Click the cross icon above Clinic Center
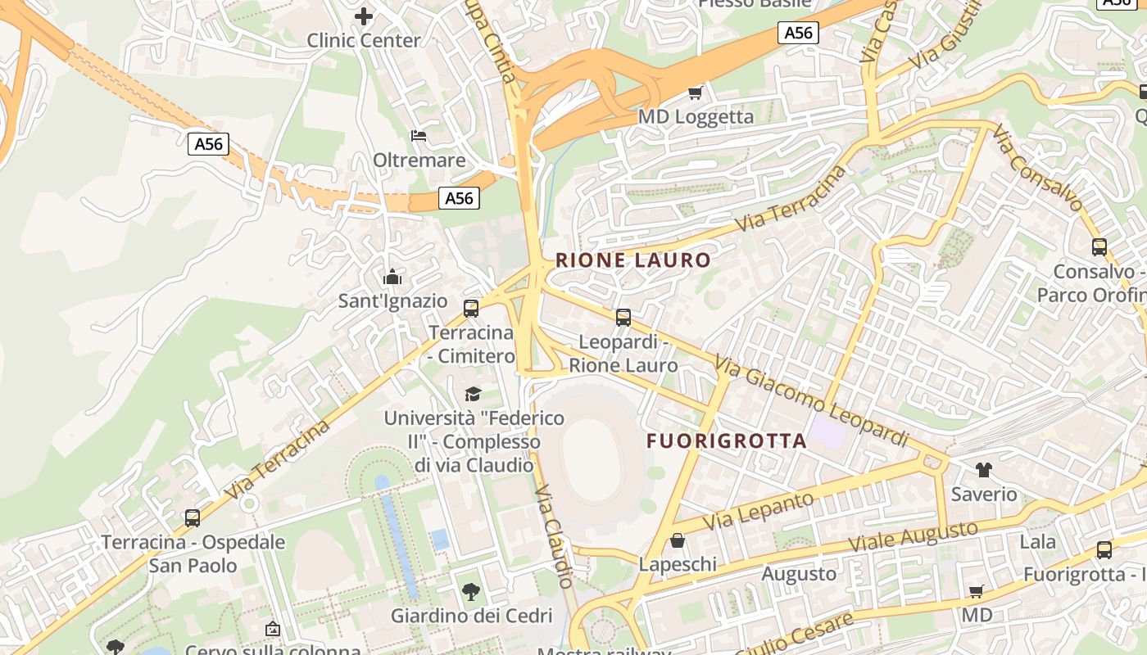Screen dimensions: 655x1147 [x=364, y=16]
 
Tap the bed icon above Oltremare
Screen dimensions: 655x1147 [x=419, y=135]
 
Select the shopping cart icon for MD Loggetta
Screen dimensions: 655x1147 [x=696, y=93]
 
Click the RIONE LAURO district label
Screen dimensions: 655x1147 [x=633, y=260]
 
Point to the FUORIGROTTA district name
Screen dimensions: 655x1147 [x=727, y=440]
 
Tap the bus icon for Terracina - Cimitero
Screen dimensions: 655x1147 [x=471, y=308]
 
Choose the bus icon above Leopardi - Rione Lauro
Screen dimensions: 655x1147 [x=623, y=317]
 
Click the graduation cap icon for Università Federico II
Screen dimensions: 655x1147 [x=473, y=394]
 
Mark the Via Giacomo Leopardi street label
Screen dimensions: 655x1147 [x=810, y=401]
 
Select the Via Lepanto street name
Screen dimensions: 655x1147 [x=759, y=509]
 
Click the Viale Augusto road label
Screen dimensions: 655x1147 [x=912, y=537]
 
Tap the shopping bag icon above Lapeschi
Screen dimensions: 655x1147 [x=678, y=540]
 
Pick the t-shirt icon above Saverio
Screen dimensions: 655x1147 [x=983, y=470]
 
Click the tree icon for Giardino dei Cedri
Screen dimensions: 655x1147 [x=471, y=591]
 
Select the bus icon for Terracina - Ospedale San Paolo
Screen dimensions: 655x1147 [x=193, y=517]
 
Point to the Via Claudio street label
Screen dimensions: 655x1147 [x=554, y=535]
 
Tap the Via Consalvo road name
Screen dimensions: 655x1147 [x=1037, y=167]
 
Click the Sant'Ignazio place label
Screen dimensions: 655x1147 [x=393, y=300]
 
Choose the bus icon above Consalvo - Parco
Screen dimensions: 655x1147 [x=1099, y=246]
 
